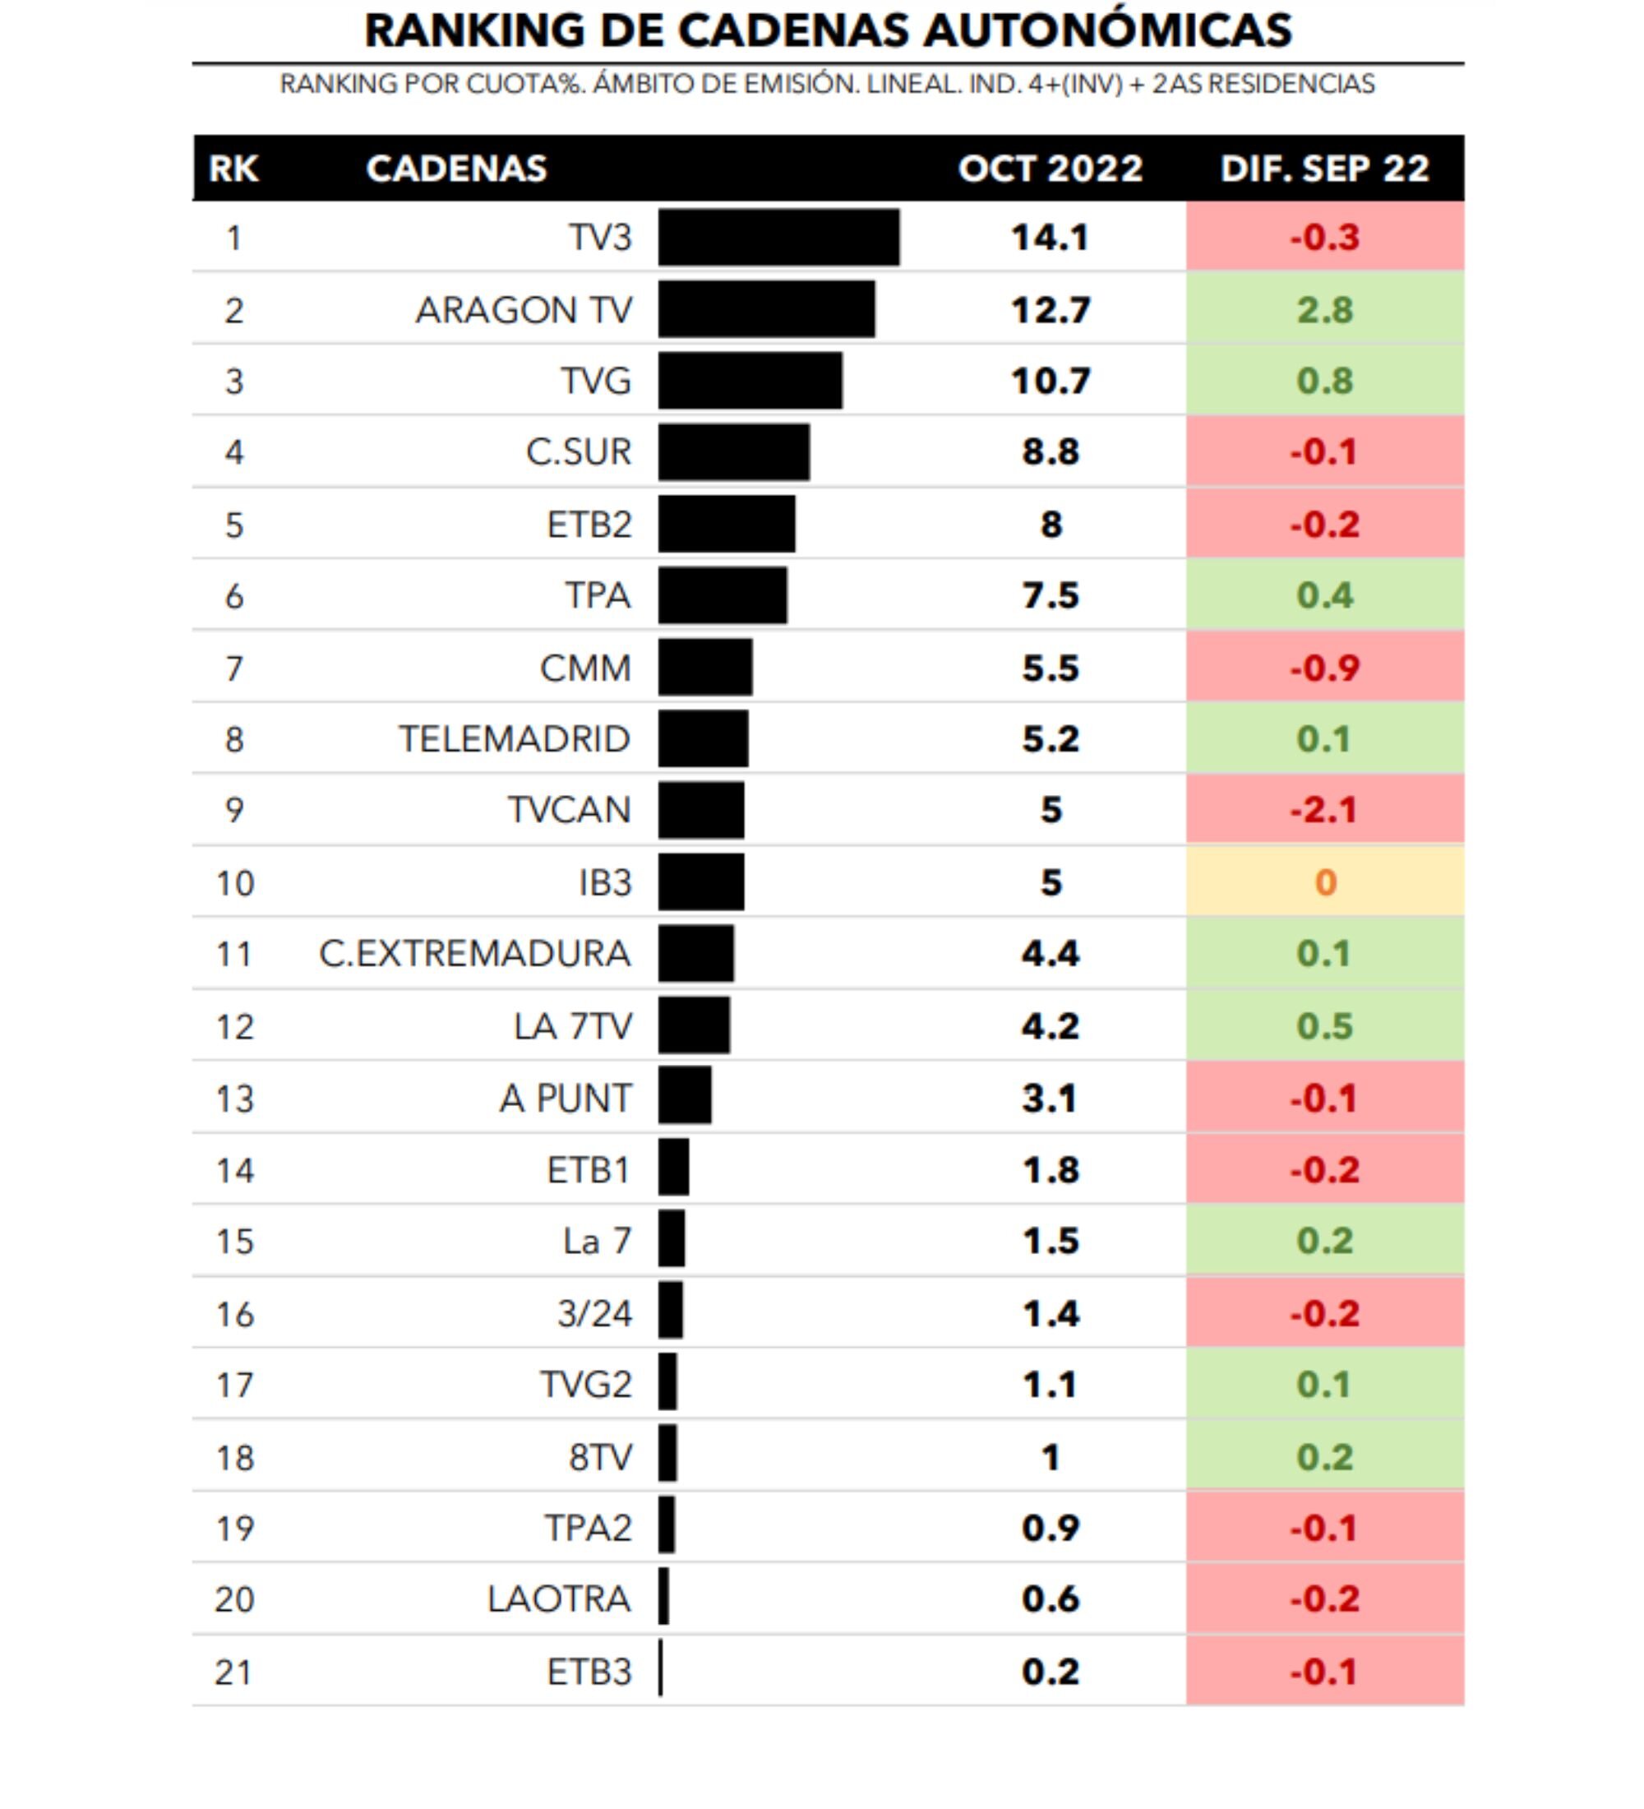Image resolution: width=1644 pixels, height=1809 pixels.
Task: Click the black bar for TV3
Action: point(778,238)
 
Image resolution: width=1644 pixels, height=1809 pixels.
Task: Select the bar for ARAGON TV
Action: point(766,309)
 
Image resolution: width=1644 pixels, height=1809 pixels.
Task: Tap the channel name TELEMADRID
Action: point(515,739)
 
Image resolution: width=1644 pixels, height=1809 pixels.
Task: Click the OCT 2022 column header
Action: point(1050,169)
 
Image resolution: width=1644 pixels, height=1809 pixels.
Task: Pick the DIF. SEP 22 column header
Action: point(1323,169)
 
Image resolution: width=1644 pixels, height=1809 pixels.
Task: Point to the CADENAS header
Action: point(455,169)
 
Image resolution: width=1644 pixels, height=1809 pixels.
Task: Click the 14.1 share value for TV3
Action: point(1050,238)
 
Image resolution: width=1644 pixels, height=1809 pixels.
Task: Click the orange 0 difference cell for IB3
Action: point(1325,883)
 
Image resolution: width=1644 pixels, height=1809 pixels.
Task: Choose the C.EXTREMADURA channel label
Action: point(474,954)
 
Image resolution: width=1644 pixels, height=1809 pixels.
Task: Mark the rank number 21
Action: point(234,1673)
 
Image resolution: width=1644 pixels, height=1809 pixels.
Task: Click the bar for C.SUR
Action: point(734,452)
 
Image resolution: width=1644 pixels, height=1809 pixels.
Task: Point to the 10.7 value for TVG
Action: point(1050,382)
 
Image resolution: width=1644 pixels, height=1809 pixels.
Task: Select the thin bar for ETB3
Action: point(661,1668)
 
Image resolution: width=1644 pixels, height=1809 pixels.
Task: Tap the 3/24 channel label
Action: point(593,1314)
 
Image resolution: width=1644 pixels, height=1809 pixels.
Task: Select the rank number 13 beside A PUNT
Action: point(235,1099)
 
